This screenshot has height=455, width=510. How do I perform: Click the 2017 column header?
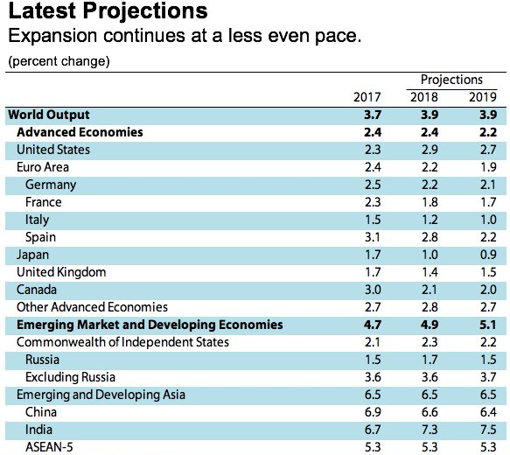point(367,97)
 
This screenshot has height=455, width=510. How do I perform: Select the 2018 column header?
point(423,97)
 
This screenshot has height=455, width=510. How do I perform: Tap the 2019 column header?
point(483,97)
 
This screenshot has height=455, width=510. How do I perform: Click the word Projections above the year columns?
point(451,80)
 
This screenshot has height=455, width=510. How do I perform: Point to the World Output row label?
point(49,115)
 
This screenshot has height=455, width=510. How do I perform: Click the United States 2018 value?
point(430,150)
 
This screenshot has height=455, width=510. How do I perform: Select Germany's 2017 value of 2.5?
point(373,185)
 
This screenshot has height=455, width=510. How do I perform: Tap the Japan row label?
point(32,255)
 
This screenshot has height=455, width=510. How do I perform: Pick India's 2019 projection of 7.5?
point(488,430)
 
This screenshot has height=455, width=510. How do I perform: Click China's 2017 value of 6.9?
point(373,412)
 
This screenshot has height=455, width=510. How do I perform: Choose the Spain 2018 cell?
point(430,237)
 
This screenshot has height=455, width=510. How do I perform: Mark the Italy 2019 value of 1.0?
point(488,220)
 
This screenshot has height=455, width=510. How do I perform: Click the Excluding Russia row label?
point(70,377)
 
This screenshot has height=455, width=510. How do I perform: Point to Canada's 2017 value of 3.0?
point(373,290)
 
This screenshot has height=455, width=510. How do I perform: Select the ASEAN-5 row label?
point(49,447)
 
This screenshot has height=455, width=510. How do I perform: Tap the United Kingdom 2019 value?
point(488,272)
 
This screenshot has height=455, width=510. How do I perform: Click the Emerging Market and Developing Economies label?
point(150,325)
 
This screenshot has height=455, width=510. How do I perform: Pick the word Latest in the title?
point(42,10)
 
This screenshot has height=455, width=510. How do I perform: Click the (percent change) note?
point(59,61)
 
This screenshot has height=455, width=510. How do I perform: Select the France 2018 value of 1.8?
point(430,202)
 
